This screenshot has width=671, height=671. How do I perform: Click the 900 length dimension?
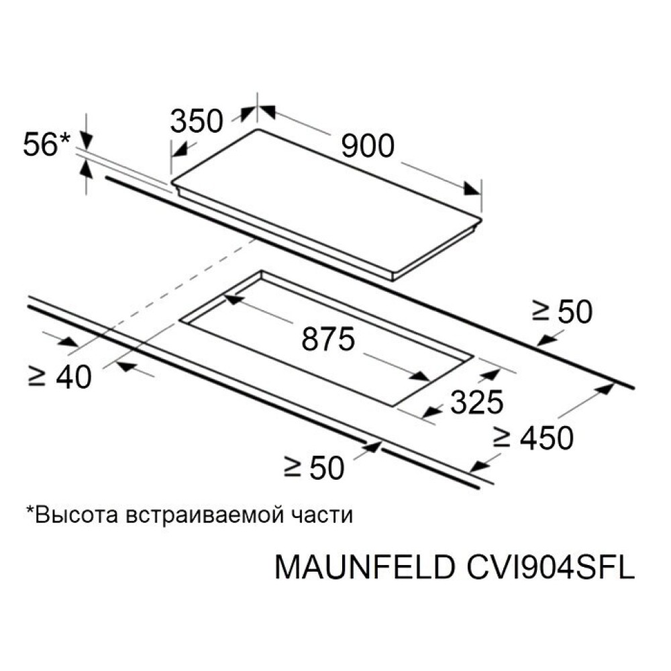[x=368, y=146]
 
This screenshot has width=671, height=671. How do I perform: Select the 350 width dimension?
[x=197, y=121]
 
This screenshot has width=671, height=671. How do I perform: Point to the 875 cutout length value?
[x=328, y=339]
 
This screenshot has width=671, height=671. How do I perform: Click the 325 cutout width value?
[x=476, y=402]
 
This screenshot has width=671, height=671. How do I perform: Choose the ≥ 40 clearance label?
[x=60, y=377]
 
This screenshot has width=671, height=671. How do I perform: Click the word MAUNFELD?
[x=364, y=568]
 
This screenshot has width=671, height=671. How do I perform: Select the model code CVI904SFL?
[x=550, y=568]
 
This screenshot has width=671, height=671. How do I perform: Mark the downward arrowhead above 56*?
[x=87, y=140]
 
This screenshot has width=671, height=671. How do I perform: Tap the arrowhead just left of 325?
[x=431, y=412]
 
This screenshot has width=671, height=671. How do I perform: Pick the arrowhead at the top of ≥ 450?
[x=605, y=389]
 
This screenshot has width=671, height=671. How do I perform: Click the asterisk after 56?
[x=64, y=138]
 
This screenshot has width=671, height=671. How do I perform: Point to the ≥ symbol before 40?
[x=36, y=377]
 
